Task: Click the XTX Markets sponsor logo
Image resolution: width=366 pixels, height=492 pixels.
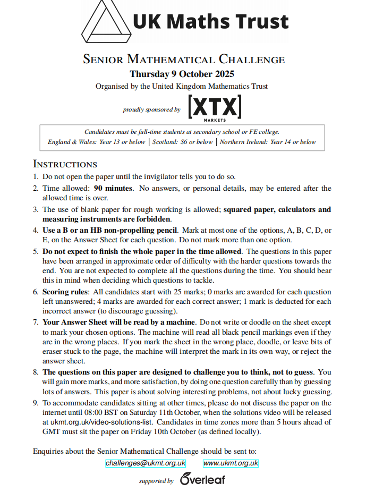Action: pyautogui.click(x=215, y=108)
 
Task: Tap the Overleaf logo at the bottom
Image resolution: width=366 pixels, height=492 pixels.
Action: pyautogui.click(x=202, y=479)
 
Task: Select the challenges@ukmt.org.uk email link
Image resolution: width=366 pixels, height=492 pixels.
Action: pyautogui.click(x=146, y=463)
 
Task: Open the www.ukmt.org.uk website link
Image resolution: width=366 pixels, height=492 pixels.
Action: pyautogui.click(x=231, y=463)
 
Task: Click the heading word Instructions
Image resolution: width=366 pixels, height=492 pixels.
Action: pyautogui.click(x=65, y=164)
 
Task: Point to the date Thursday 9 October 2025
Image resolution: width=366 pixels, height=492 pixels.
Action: pyautogui.click(x=182, y=74)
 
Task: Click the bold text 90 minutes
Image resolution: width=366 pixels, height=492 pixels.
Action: pyautogui.click(x=113, y=188)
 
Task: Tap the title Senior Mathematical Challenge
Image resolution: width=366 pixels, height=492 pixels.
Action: pyautogui.click(x=184, y=60)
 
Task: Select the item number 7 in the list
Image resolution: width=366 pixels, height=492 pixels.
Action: pyautogui.click(x=36, y=322)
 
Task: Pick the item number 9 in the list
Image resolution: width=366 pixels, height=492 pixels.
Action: pyautogui.click(x=36, y=403)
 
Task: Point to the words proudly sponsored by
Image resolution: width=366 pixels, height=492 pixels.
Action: pyautogui.click(x=151, y=110)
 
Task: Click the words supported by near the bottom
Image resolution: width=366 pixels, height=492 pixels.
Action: pyautogui.click(x=156, y=481)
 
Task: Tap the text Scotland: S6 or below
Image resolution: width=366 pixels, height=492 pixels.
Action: pyautogui.click(x=183, y=142)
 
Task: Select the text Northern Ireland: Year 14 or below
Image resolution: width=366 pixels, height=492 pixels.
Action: pyautogui.click(x=267, y=142)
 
